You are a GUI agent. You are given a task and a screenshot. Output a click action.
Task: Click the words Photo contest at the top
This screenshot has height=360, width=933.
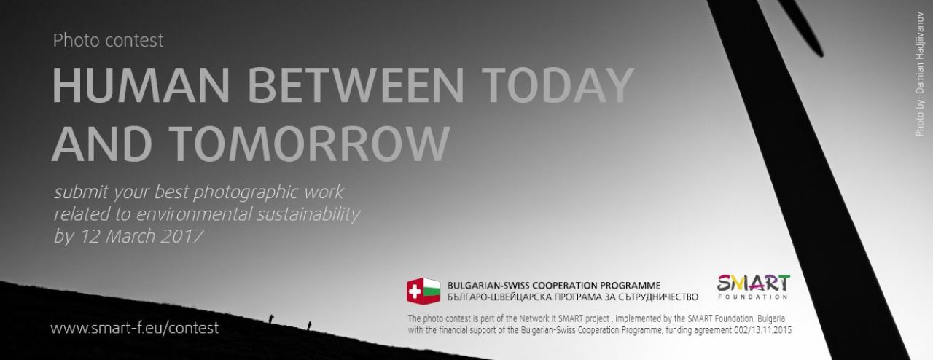click(109, 40)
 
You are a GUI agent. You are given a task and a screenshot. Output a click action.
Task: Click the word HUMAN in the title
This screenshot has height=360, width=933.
click(141, 85)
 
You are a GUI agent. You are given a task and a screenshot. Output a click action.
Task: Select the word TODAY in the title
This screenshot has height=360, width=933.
click(559, 85)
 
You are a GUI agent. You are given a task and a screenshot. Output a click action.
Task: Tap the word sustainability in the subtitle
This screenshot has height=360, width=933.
click(308, 215)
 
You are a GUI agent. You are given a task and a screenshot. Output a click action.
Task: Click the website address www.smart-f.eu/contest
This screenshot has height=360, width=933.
click(135, 328)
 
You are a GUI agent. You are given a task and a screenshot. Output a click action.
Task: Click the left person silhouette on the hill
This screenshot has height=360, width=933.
click(271, 318)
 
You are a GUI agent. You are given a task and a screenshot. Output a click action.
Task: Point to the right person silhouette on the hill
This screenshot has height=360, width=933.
click(309, 326)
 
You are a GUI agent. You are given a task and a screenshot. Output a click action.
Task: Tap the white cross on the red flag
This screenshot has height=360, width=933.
click(415, 291)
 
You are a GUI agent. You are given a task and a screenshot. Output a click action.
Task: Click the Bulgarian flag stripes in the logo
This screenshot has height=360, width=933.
click(431, 291)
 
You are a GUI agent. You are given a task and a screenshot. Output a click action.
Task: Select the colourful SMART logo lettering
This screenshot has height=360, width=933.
click(753, 283)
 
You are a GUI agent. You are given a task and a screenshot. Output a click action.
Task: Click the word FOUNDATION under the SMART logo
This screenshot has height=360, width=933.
click(753, 297)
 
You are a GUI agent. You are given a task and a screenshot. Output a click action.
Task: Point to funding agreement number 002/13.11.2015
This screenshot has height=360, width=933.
click(762, 330)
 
